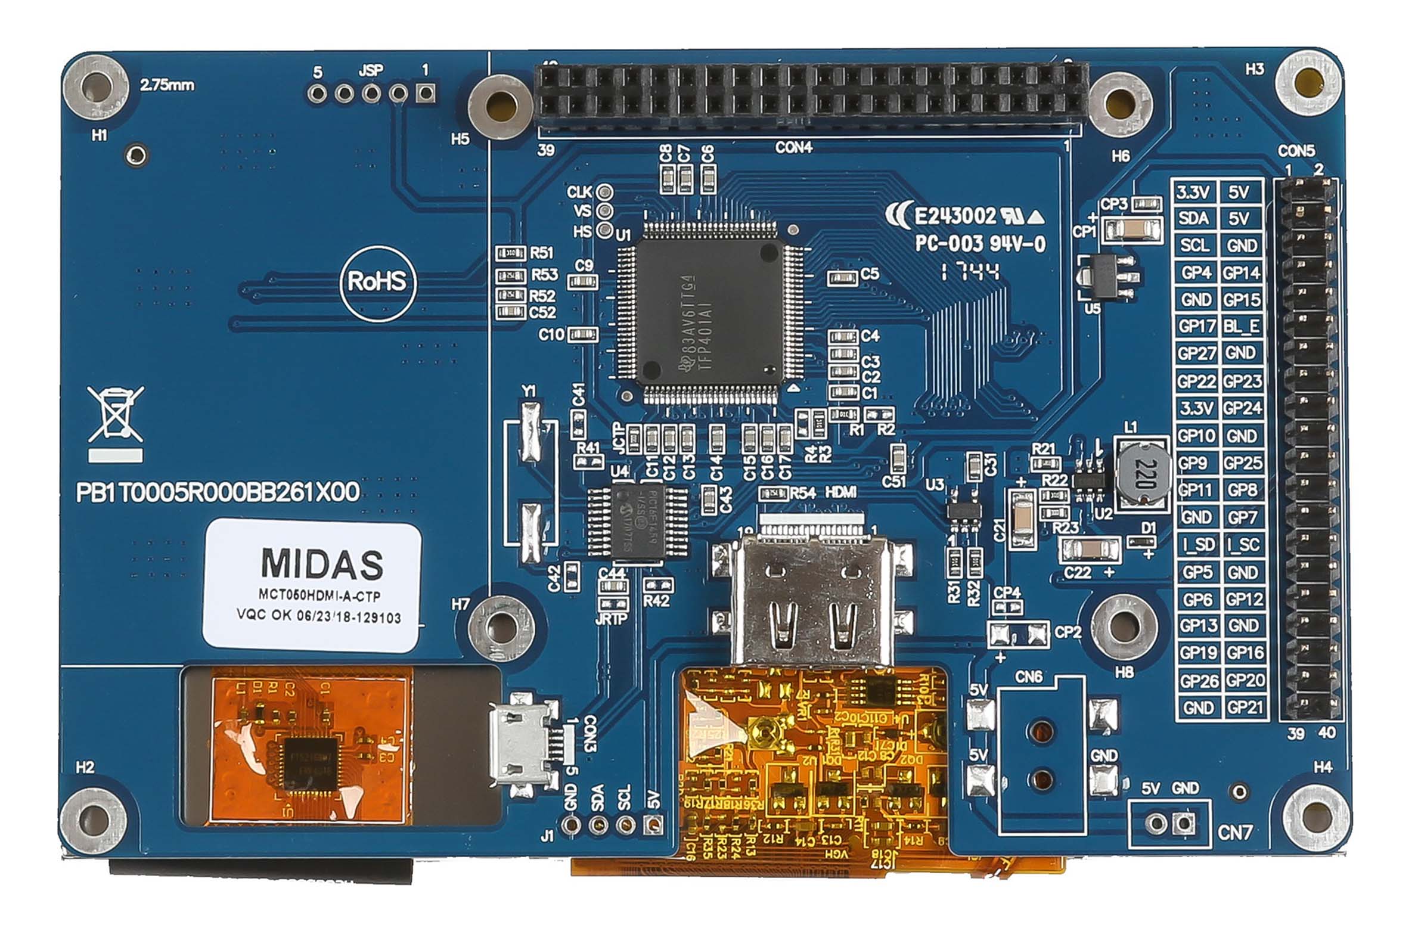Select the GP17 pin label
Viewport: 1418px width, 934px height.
[x=1196, y=326]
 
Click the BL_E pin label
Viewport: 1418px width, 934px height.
[x=1242, y=326]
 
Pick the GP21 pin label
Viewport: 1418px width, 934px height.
[x=1245, y=708]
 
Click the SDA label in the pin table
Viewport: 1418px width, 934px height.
[x=1194, y=219]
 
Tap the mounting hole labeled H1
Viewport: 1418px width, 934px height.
[x=95, y=88]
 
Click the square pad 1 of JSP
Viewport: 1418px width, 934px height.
[x=425, y=93]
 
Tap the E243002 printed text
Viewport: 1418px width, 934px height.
[x=955, y=216]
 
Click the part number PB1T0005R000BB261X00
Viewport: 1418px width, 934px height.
[x=218, y=492]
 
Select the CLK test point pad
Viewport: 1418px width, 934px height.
[x=606, y=192]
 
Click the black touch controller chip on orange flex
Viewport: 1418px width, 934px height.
[x=309, y=762]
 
